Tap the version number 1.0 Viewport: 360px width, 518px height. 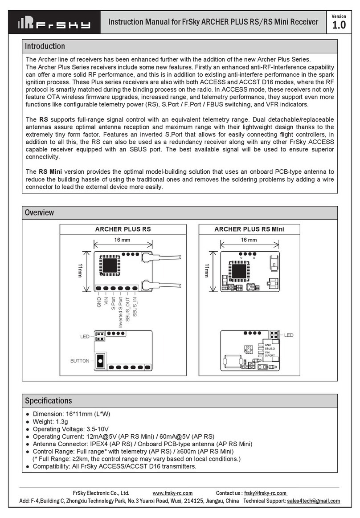pos(339,25)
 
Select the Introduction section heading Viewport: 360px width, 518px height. pos(45,46)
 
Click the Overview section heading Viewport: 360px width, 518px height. pos(40,212)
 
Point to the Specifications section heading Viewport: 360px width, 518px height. pos(48,400)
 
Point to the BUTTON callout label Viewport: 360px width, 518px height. pos(80,361)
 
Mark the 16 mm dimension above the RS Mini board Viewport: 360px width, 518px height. pos(249,240)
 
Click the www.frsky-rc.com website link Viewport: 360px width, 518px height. pos(172,493)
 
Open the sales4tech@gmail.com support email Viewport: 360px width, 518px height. pos(313,501)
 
